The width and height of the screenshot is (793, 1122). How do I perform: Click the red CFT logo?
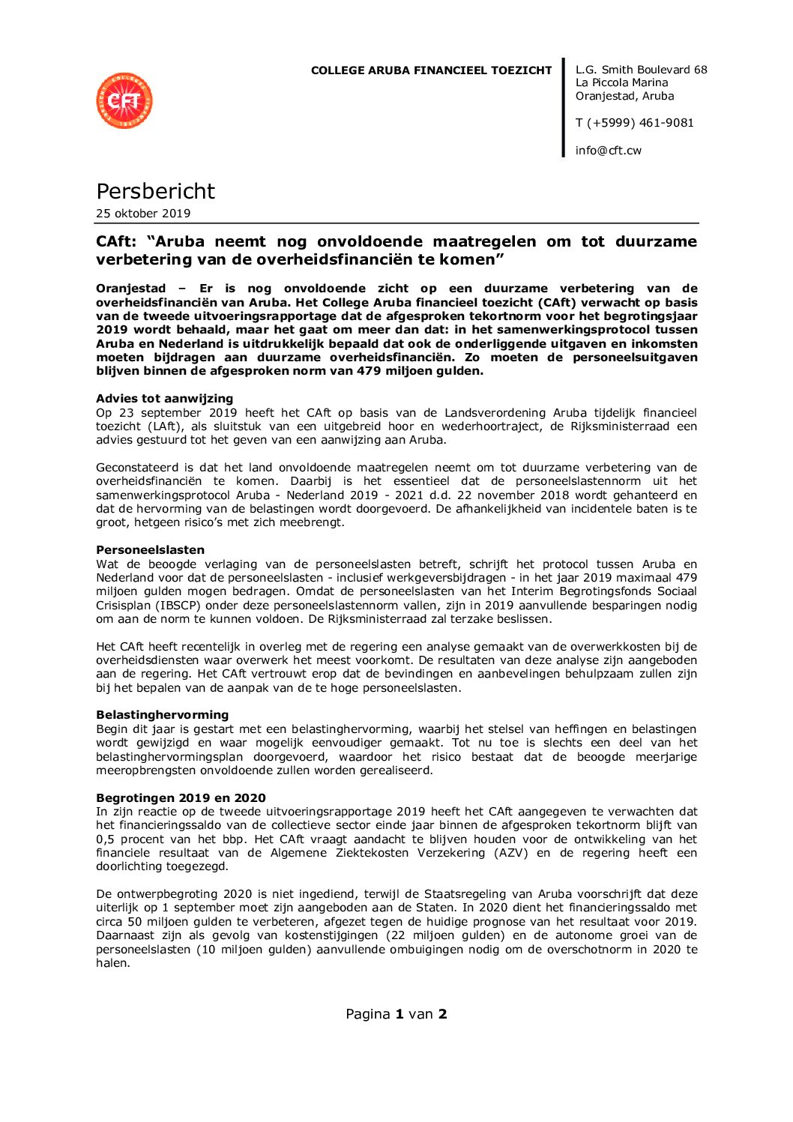(x=124, y=100)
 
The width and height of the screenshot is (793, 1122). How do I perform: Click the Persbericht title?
(x=155, y=191)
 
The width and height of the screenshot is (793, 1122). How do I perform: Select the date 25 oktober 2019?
(x=143, y=214)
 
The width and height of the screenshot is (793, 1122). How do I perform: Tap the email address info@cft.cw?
(x=608, y=151)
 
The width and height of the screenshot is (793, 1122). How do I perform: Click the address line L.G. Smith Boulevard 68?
(x=641, y=70)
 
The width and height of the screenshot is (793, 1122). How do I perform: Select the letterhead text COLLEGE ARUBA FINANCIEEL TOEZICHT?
(x=431, y=70)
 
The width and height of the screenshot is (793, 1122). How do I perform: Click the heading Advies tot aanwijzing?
(x=164, y=399)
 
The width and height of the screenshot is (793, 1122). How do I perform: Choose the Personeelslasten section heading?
(x=150, y=550)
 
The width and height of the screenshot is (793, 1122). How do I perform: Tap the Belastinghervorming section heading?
(x=162, y=715)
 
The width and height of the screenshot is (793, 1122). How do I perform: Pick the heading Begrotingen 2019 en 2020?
(x=181, y=798)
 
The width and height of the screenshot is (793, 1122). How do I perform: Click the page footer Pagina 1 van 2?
(x=396, y=1014)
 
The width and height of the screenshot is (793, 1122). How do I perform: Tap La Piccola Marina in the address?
(x=621, y=83)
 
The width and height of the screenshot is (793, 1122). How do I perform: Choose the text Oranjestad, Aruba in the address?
(x=624, y=97)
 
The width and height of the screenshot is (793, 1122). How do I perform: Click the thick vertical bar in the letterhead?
(x=564, y=107)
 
